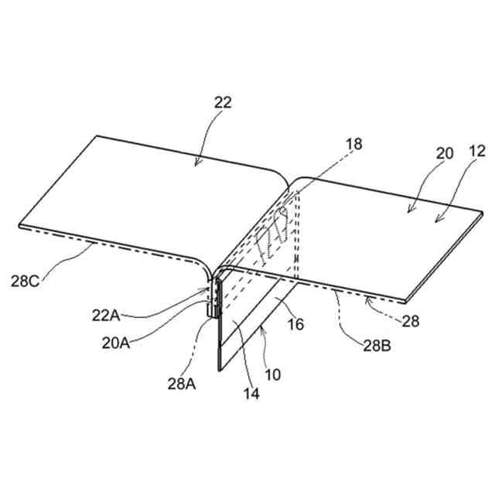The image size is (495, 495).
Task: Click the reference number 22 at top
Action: coord(223,102)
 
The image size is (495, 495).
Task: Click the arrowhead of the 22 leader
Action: coord(197,164)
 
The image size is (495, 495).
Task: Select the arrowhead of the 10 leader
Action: coord(265,328)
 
